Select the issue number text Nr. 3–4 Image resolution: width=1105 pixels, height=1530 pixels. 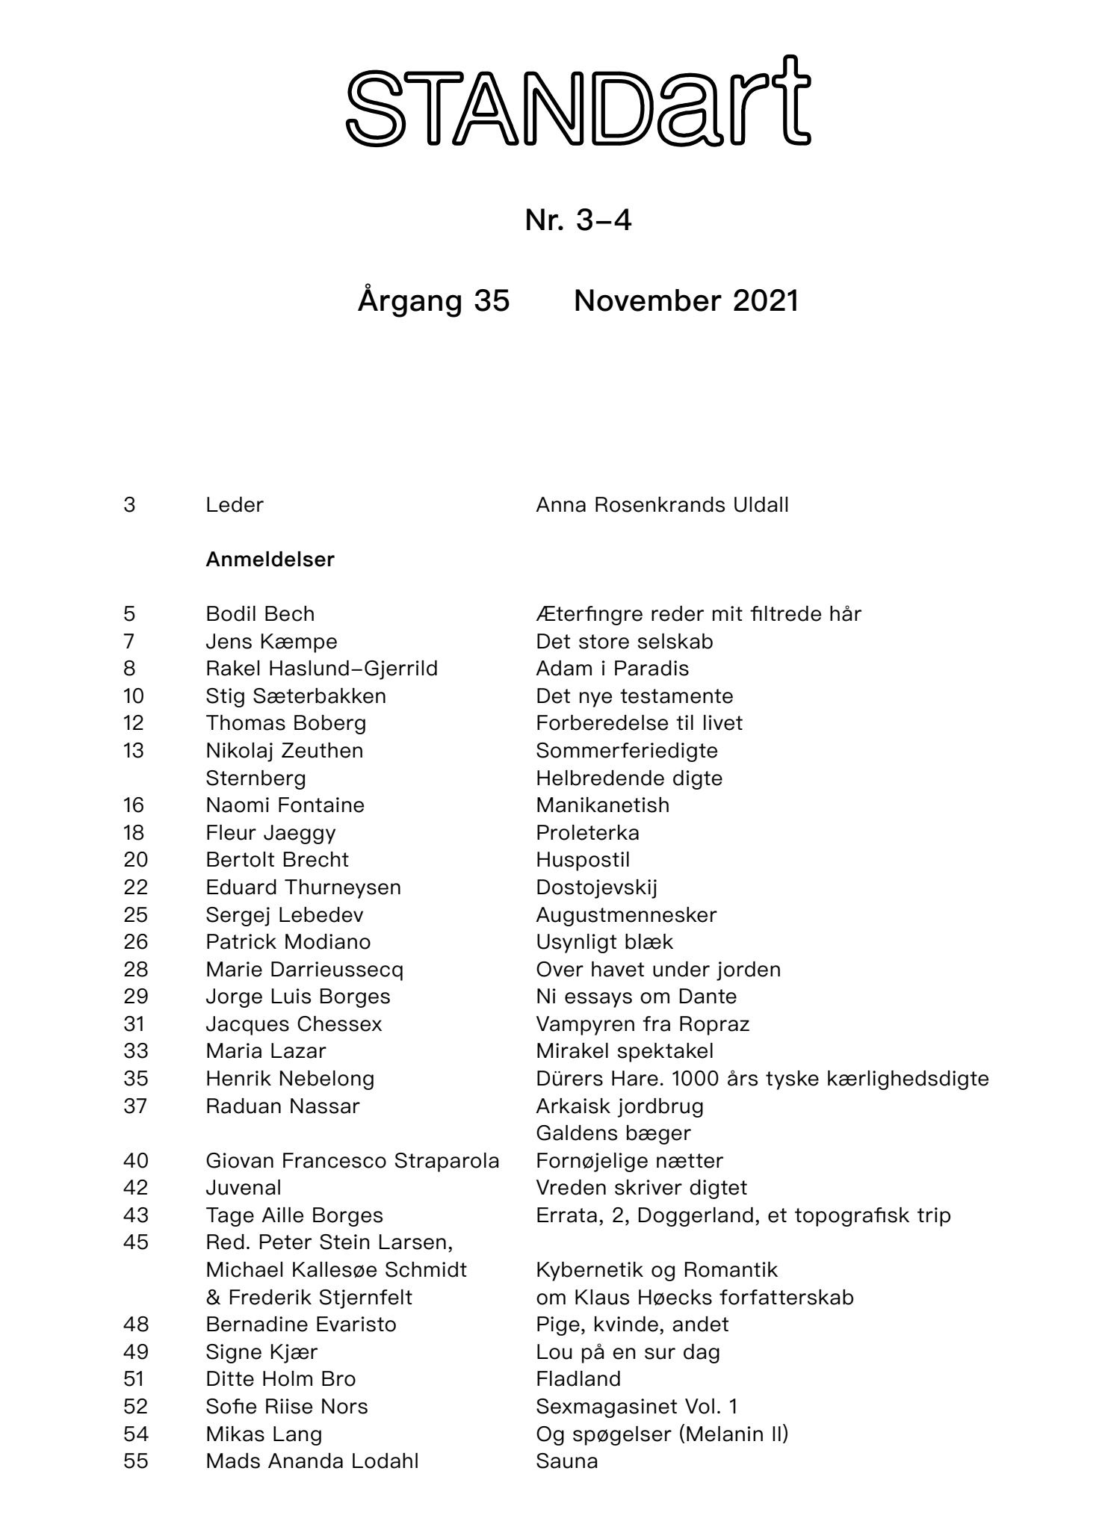pos(578,220)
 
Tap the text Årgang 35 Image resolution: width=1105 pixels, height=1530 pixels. pos(433,300)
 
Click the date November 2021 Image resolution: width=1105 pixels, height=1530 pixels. pos(686,300)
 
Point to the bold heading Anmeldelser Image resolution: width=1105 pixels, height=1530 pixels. pos(270,560)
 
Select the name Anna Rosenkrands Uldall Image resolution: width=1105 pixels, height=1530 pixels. pos(662,505)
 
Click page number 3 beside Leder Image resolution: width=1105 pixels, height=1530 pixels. pos(130,505)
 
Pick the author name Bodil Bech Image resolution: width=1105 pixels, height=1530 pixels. pos(260,614)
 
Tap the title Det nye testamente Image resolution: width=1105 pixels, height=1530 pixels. pos(634,696)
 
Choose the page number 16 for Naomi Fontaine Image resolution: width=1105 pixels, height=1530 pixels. pos(134,805)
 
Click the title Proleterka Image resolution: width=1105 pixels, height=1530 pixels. pos(587,833)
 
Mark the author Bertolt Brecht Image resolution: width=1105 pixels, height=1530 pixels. pos(277,860)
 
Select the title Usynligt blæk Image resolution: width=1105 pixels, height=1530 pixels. pos(604,942)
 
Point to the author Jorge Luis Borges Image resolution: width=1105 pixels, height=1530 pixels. pos(298,997)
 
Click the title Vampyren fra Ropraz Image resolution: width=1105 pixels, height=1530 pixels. pos(643,1024)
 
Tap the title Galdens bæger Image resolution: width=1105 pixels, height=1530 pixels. pos(613,1133)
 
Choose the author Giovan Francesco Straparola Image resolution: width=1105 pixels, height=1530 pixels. pos(353,1161)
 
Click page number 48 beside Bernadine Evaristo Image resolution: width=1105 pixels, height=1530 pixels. pos(136,1325)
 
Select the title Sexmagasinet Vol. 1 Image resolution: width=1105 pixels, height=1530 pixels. pos(637,1407)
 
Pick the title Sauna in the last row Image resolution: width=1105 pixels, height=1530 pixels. pos(567,1461)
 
